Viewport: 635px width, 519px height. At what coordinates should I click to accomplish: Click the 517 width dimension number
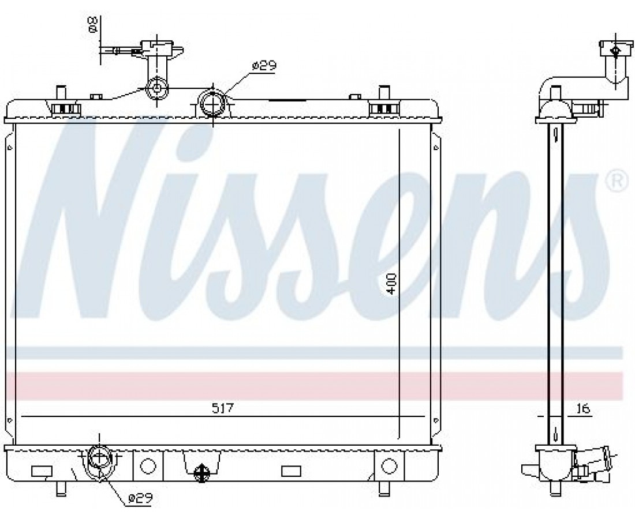click(223, 408)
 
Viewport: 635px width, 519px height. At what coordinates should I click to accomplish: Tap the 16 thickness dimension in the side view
click(583, 409)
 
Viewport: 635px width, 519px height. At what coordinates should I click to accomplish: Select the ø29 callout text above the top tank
click(264, 66)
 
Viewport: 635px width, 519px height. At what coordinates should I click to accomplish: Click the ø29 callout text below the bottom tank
click(140, 498)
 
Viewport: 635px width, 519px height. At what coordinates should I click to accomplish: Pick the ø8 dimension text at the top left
click(94, 24)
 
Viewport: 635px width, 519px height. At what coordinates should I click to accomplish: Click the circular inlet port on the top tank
click(212, 104)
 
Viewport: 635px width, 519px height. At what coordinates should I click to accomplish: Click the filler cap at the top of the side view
click(615, 50)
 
